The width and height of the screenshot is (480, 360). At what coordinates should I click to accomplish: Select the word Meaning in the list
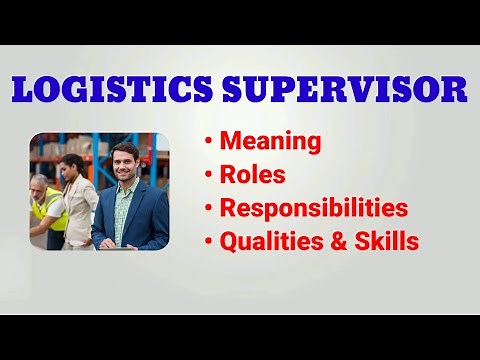coord(272,142)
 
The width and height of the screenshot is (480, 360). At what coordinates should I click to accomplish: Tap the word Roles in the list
coord(252,175)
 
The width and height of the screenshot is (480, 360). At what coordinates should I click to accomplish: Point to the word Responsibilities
coord(314,208)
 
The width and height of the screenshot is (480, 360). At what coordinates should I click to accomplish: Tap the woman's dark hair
coord(73,163)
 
